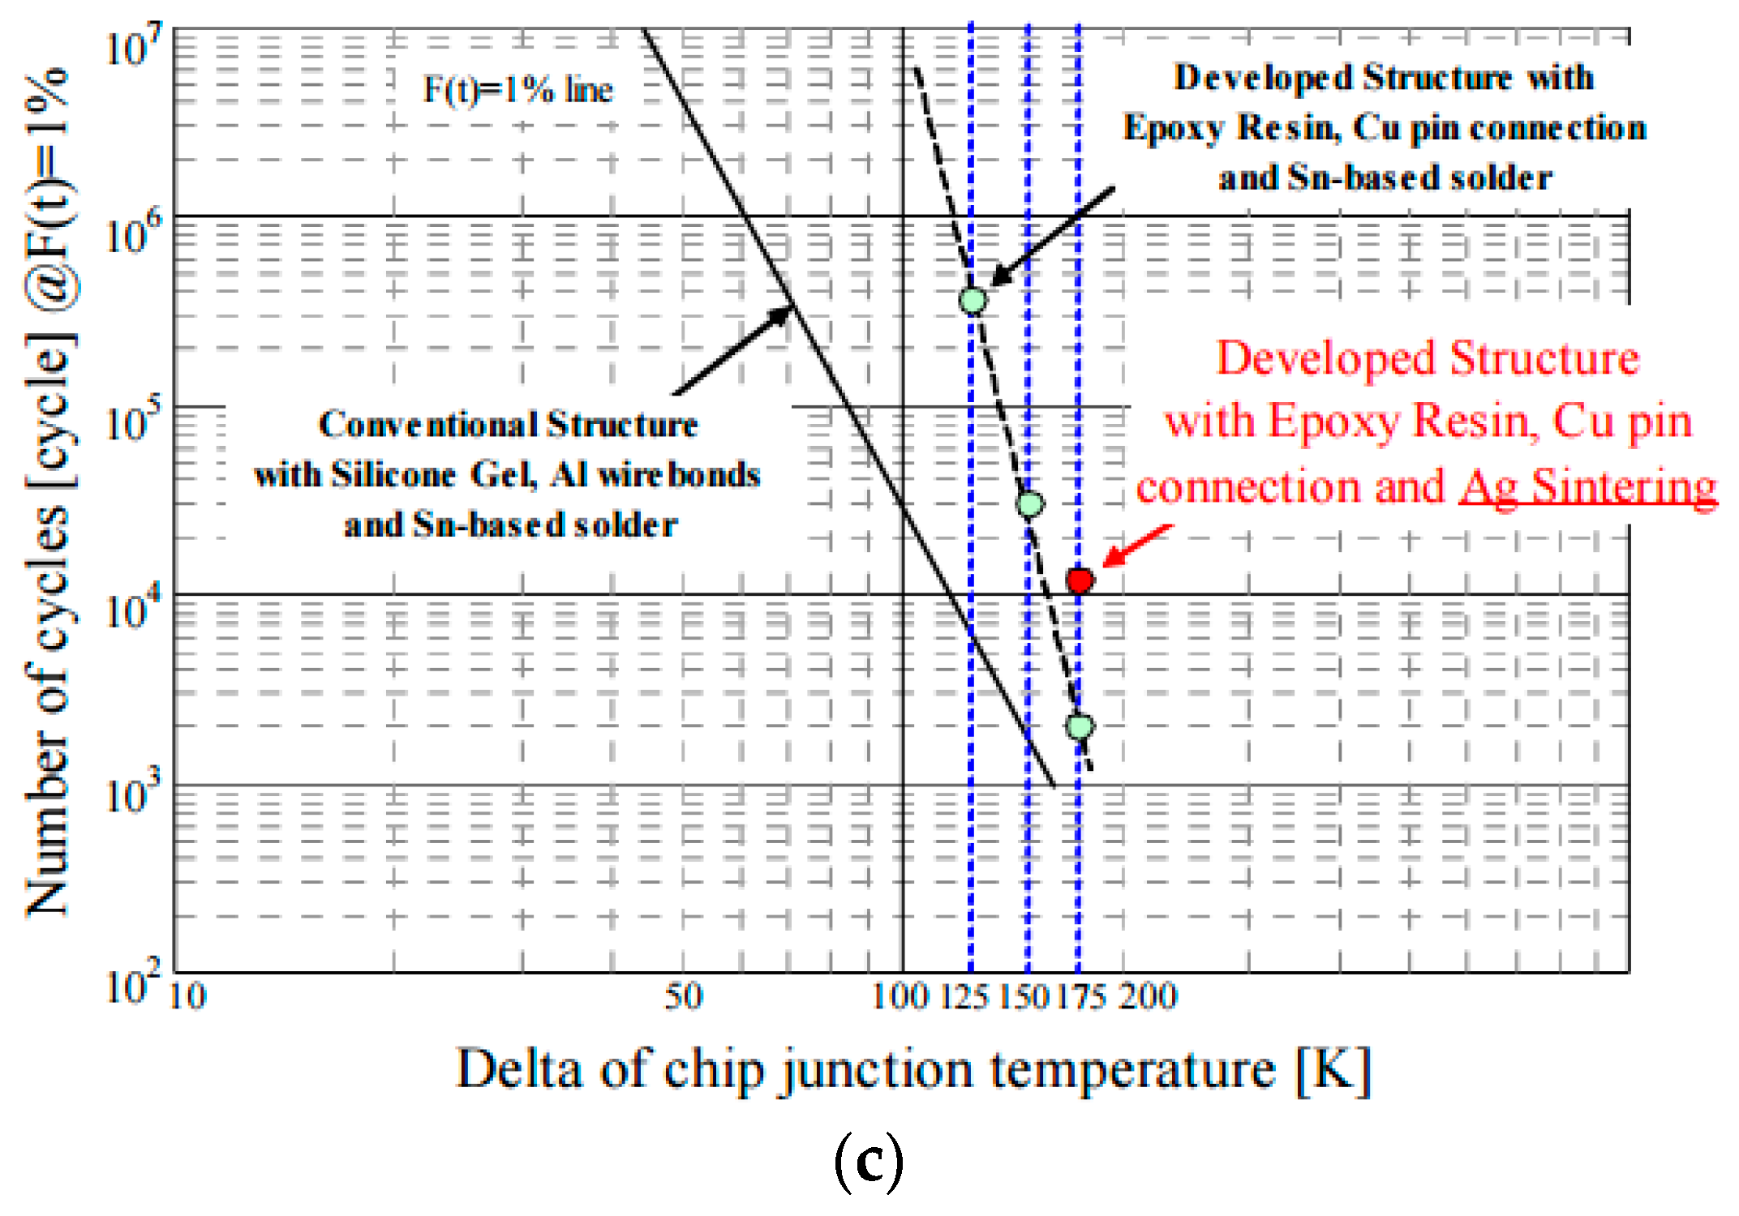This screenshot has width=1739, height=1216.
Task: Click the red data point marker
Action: coord(1080,580)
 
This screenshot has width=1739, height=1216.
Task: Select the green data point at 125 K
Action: coord(973,301)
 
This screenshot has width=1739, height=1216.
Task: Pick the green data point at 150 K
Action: coord(1029,504)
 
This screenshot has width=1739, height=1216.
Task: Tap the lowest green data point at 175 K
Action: coord(1080,726)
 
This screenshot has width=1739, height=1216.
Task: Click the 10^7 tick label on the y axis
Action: coord(133,46)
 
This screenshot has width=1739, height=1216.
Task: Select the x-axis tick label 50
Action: coord(683,996)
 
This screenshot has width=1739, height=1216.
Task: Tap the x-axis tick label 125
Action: coord(964,996)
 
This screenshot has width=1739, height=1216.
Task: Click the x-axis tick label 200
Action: coord(1148,996)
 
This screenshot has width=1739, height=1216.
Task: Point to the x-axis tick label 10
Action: coord(187,996)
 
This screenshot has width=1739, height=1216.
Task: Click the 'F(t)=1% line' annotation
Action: coord(517,89)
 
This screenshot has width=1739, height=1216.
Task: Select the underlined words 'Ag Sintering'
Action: coord(1587,487)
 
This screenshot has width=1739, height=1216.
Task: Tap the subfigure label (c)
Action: coord(868,1161)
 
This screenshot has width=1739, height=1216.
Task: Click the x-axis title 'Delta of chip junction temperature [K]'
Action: coord(912,1070)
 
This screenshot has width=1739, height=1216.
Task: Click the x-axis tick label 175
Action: coord(1080,996)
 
